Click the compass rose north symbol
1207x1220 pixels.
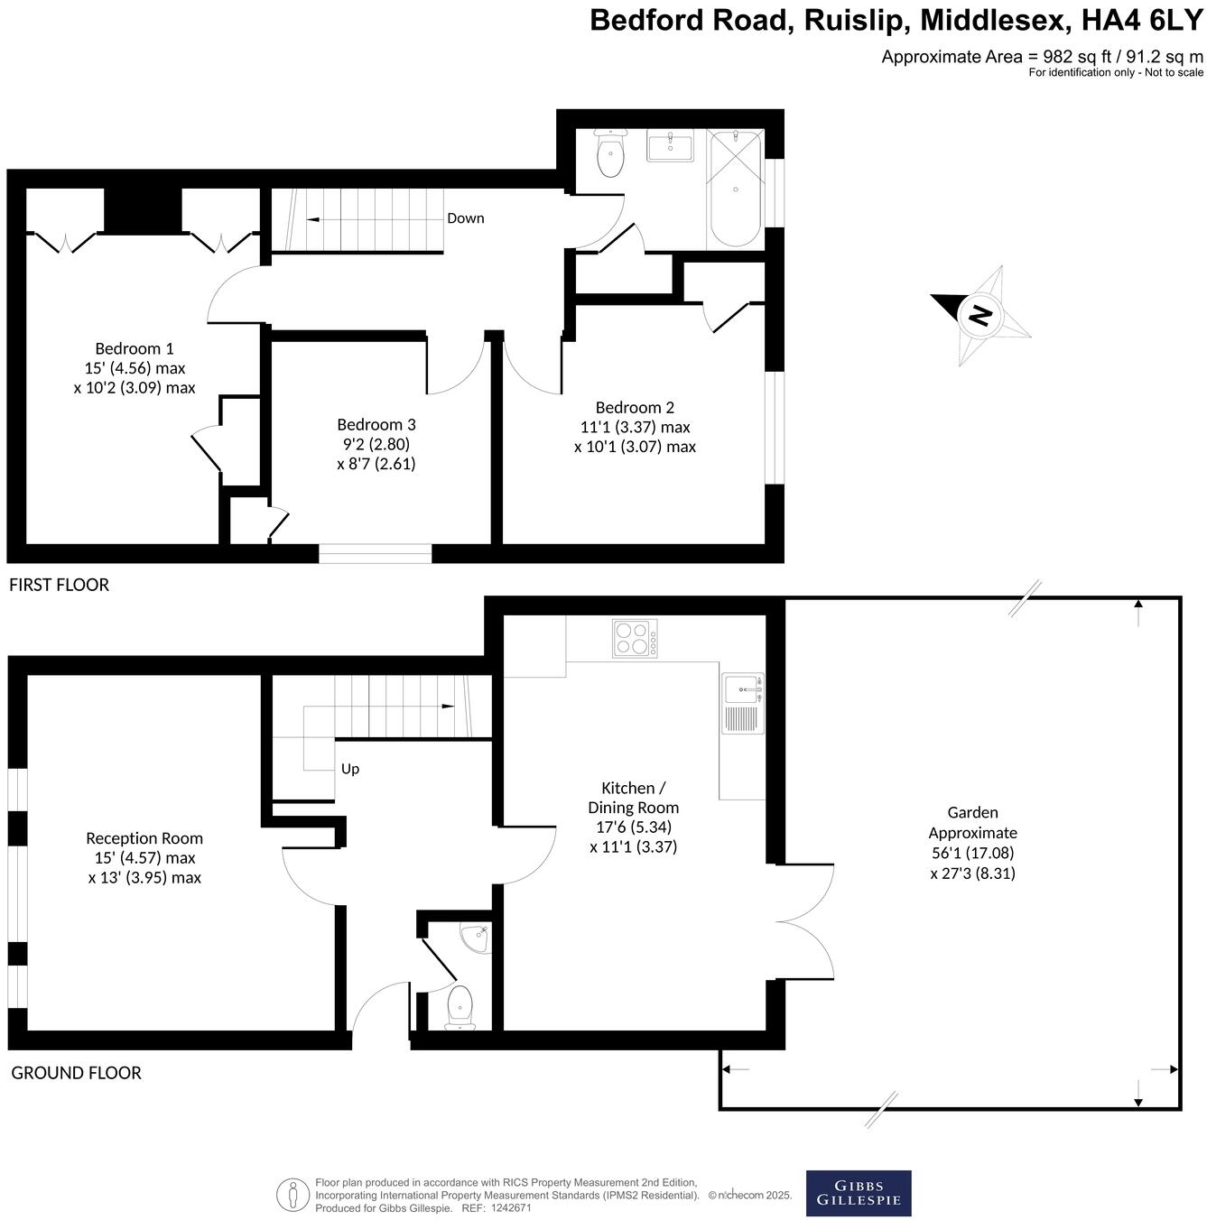click(x=980, y=315)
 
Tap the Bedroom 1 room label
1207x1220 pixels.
click(x=135, y=368)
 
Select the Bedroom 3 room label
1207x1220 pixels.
click(x=376, y=444)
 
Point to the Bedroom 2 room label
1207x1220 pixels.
click(x=635, y=427)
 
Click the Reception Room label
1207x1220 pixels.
click(x=144, y=857)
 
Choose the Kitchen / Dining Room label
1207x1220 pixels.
click(x=633, y=817)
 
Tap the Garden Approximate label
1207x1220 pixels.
click(x=972, y=842)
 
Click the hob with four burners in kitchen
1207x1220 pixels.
click(x=635, y=638)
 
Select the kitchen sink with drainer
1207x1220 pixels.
click(x=743, y=702)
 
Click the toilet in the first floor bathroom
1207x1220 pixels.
click(x=611, y=155)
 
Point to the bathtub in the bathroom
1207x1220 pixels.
click(x=735, y=188)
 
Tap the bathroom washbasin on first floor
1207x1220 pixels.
click(x=670, y=145)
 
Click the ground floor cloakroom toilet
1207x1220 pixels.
click(x=460, y=1007)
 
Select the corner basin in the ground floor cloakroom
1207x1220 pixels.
click(x=474, y=938)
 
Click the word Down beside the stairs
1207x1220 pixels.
click(x=465, y=218)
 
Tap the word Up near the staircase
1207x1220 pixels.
click(x=350, y=769)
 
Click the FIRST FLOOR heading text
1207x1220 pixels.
click(x=59, y=585)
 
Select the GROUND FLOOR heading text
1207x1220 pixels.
click(x=76, y=1073)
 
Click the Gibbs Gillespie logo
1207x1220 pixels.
click(x=858, y=1193)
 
